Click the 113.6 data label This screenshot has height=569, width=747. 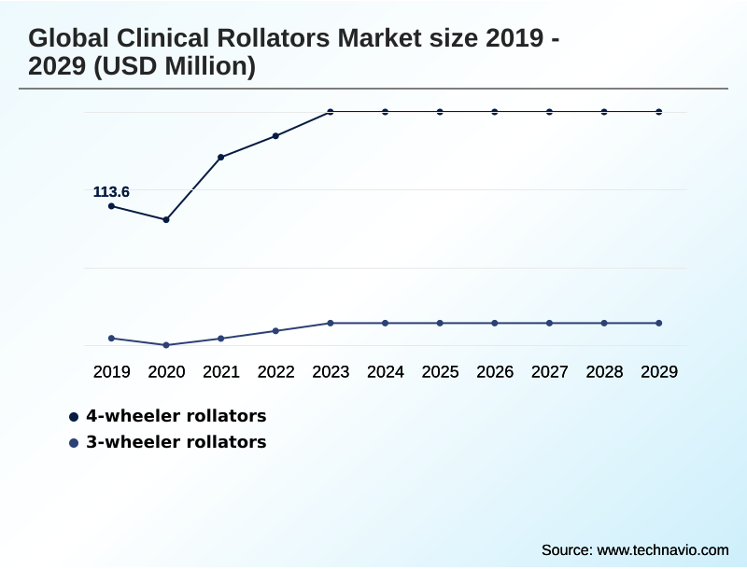click(111, 192)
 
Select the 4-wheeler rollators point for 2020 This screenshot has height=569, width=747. click(166, 220)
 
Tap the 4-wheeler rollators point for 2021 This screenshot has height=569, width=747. click(221, 158)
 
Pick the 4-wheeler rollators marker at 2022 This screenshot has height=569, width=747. click(275, 136)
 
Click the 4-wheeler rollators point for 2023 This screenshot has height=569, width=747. click(331, 112)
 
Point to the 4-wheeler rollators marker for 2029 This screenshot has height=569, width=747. click(659, 112)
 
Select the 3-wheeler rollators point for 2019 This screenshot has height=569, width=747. click(112, 339)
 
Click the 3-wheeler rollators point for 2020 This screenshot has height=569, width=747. click(166, 345)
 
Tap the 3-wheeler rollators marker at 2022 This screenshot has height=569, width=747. click(275, 331)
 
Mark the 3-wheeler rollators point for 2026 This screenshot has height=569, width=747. click(495, 323)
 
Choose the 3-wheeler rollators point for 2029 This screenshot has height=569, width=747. click(659, 323)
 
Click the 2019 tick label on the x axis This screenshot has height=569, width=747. click(112, 372)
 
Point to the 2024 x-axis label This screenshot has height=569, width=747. click(386, 372)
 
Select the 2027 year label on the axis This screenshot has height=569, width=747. click(550, 372)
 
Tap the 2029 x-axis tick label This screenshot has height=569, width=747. click(659, 372)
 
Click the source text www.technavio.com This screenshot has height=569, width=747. click(662, 549)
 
